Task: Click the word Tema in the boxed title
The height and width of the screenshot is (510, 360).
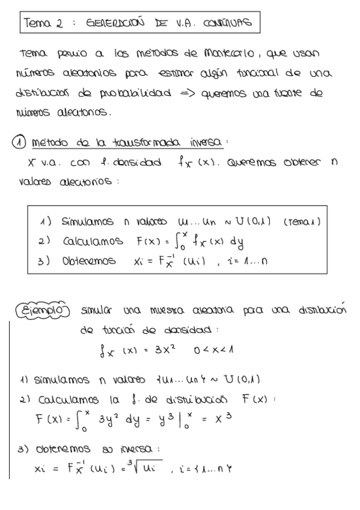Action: [37, 23]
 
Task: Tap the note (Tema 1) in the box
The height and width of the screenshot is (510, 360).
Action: [301, 221]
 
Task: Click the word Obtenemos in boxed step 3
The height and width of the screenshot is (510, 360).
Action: [89, 262]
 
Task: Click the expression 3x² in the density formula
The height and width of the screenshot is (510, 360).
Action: [162, 349]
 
